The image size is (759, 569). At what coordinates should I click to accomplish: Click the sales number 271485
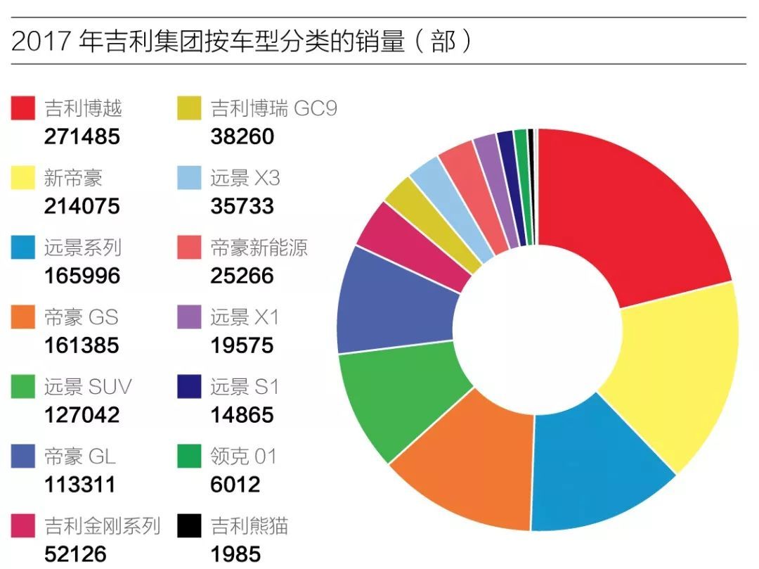(82, 136)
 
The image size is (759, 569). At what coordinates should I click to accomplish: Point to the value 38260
(242, 136)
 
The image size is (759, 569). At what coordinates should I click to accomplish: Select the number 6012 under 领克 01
(235, 485)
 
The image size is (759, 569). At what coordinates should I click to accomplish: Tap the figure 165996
(82, 276)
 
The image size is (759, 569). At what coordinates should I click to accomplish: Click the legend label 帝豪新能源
(259, 248)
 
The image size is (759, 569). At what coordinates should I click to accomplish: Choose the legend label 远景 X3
(245, 178)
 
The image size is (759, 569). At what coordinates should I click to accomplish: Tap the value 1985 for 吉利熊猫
(235, 554)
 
